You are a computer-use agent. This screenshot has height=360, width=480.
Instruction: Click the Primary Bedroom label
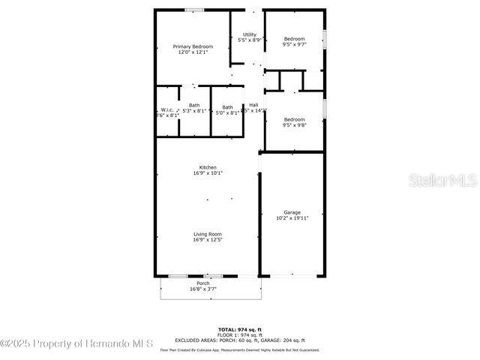[x=193, y=46]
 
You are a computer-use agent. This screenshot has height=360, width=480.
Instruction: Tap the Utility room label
[x=250, y=34]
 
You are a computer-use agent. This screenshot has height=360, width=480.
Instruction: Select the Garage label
[x=292, y=212]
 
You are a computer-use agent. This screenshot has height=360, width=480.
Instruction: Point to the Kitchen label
[x=208, y=166]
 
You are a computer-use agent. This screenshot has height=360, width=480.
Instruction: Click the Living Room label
[x=208, y=234]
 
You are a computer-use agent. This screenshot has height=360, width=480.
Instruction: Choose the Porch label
[x=202, y=283]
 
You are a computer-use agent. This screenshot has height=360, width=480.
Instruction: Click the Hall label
[x=253, y=105]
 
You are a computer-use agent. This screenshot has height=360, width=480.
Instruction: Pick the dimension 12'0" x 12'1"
[x=193, y=52]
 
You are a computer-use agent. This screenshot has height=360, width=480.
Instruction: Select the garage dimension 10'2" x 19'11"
[x=292, y=218]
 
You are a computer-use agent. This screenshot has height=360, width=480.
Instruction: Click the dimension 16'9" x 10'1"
[x=208, y=173]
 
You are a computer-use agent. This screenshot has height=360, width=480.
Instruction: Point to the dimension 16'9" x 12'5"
[x=208, y=241]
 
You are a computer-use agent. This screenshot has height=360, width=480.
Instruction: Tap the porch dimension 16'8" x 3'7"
[x=202, y=289]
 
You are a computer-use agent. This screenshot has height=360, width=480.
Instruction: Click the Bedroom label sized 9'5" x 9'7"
[x=294, y=39]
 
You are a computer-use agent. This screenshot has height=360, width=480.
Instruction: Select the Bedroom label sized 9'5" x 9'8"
[x=294, y=119]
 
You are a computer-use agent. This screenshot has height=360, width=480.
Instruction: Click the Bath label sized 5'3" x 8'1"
[x=194, y=105]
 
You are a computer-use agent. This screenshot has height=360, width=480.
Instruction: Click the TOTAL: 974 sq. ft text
[x=240, y=329]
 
